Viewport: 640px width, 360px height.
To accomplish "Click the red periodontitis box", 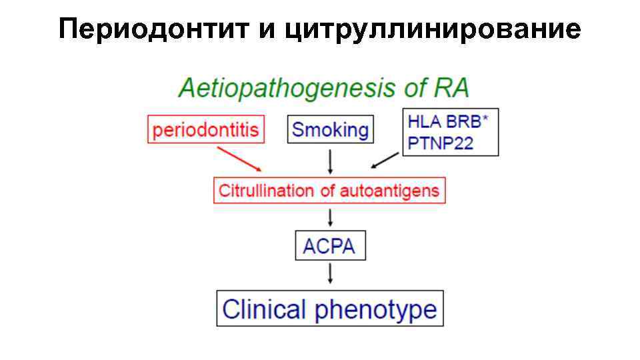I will [x=205, y=129].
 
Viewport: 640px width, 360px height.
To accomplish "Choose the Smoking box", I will [x=330, y=129].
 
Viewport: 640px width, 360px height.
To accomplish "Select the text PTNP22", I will [x=440, y=143].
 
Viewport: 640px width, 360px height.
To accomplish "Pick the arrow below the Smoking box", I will [x=331, y=161].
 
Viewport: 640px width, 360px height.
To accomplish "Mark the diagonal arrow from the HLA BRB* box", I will [x=385, y=161].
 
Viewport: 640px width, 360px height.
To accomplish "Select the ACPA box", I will [x=330, y=247].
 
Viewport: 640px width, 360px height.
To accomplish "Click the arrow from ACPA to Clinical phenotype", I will [x=331, y=273].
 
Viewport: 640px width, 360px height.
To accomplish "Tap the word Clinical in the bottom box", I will [x=264, y=309].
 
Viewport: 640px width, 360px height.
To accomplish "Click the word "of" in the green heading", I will [x=412, y=89].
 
